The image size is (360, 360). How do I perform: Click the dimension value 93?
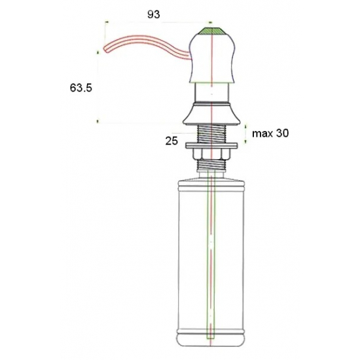(154, 14)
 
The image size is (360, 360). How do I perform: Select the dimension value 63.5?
(81, 88)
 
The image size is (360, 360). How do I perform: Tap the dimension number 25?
(171, 141)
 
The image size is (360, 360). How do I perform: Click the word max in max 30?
(262, 134)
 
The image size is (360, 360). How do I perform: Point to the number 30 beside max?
(282, 133)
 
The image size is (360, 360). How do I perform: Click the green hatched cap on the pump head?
(211, 31)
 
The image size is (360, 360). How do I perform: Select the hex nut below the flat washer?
(211, 154)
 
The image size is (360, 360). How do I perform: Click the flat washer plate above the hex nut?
(211, 145)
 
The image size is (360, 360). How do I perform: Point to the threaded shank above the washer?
(211, 134)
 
